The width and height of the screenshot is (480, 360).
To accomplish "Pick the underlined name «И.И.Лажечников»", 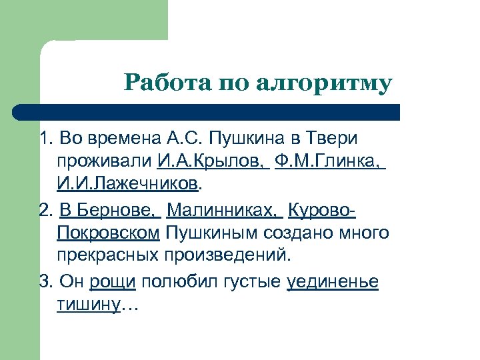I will (x=127, y=183).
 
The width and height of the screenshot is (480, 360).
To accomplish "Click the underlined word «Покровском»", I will (x=109, y=233).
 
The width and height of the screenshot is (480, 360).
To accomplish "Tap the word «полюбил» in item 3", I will (x=176, y=283).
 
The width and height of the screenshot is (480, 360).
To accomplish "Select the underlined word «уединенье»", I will (x=332, y=283).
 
